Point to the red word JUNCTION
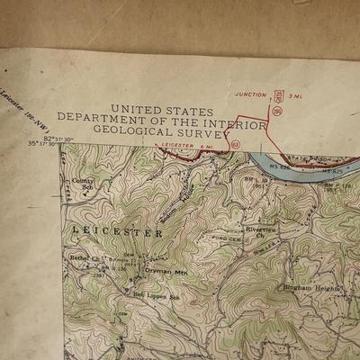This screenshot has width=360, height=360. [251, 94]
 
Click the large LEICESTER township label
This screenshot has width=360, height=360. [118, 232]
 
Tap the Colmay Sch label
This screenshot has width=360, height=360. [82, 184]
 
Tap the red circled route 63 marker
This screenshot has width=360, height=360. [235, 144]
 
